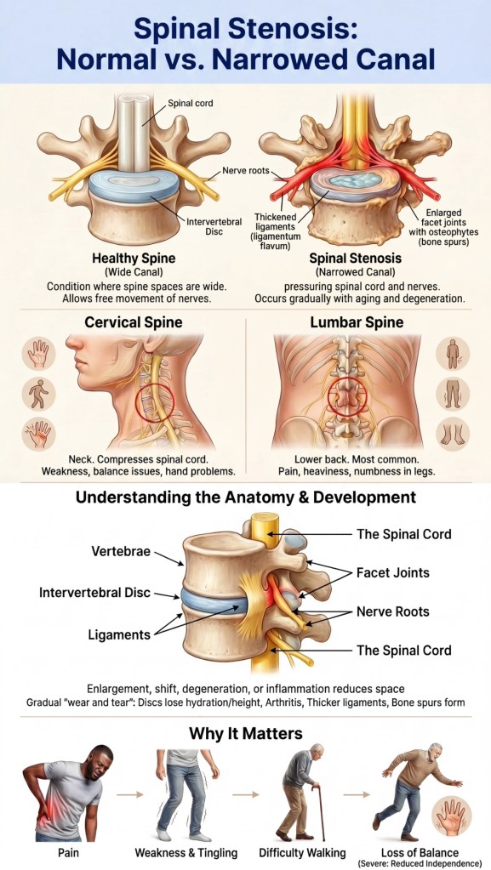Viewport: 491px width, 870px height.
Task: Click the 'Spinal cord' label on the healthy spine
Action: pyautogui.click(x=190, y=103)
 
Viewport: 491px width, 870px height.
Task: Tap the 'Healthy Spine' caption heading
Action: pyautogui.click(x=134, y=259)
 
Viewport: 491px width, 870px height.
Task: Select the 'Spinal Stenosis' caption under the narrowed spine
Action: pyautogui.click(x=356, y=259)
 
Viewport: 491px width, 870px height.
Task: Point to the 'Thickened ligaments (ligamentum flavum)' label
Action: pyautogui.click(x=276, y=231)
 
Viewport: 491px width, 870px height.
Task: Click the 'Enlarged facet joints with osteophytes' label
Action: pyautogui.click(x=444, y=228)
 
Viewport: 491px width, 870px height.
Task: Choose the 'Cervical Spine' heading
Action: pyautogui.click(x=134, y=321)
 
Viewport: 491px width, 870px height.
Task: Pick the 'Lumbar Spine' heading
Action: pyautogui.click(x=357, y=321)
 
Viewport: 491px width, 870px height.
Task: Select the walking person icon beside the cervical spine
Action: pyautogui.click(x=39, y=394)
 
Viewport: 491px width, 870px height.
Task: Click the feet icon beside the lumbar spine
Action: pyautogui.click(x=453, y=434)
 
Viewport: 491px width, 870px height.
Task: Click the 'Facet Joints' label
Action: pyautogui.click(x=392, y=572)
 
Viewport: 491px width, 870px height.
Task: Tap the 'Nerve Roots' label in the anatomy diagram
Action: pyautogui.click(x=392, y=612)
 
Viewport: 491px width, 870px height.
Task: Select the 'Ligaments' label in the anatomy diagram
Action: pyautogui.click(x=119, y=634)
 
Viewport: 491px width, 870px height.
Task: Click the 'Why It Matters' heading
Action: pyautogui.click(x=245, y=734)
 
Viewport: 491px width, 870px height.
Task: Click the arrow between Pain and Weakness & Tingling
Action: pyautogui.click(x=130, y=794)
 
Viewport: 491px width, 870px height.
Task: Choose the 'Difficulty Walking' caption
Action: pyautogui.click(x=302, y=853)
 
